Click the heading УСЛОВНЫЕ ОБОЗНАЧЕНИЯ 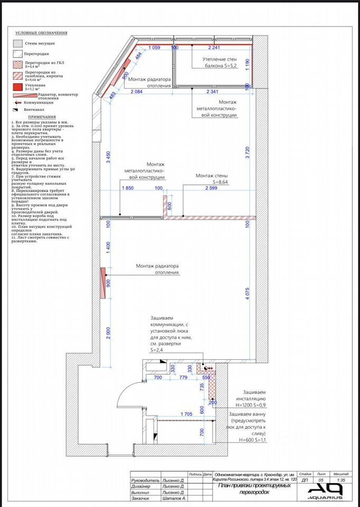tap(41, 33)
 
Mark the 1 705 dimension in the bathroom tap(186, 414)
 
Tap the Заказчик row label tap(140, 498)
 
